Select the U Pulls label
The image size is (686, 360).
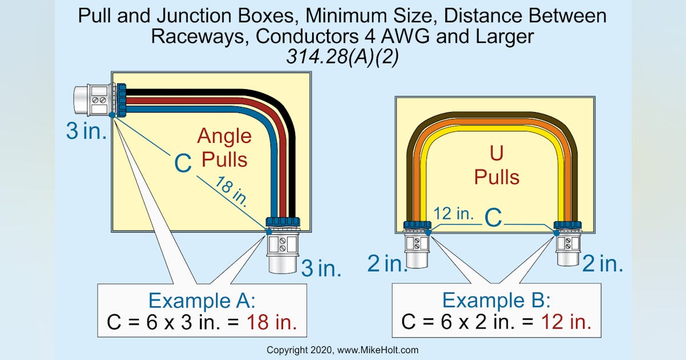(496, 165)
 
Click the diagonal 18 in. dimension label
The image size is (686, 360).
(232, 191)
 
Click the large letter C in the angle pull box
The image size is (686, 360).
(182, 164)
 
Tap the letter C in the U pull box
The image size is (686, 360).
(493, 217)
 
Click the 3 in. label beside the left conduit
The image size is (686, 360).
(86, 131)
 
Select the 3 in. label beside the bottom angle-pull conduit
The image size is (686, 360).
(321, 268)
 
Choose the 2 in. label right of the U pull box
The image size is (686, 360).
(603, 263)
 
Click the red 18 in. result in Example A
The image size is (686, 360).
(272, 323)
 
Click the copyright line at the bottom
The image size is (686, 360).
(343, 350)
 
